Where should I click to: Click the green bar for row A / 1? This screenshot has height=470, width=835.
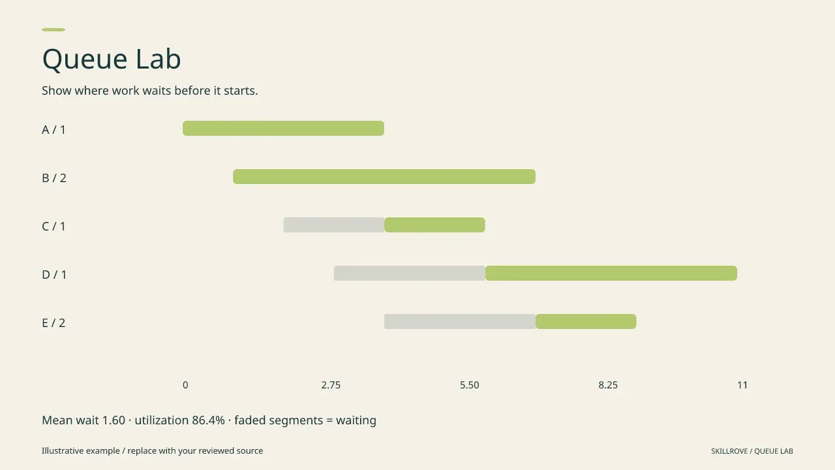click(283, 129)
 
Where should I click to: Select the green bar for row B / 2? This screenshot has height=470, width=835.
click(384, 176)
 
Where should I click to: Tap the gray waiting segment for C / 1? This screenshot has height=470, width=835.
click(334, 225)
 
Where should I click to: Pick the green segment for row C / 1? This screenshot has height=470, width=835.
click(434, 225)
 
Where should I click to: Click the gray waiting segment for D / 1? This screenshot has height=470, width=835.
click(410, 273)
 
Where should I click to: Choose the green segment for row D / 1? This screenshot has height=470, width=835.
click(611, 273)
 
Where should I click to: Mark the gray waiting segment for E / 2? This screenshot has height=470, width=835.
click(460, 322)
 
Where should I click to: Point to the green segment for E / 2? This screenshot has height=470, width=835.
click(586, 322)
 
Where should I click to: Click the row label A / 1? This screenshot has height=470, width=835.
click(53, 130)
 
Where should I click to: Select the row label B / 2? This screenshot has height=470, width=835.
click(54, 178)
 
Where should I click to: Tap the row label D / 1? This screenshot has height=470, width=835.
click(54, 275)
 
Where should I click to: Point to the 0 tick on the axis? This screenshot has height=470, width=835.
click(185, 385)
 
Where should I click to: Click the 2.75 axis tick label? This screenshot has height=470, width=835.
click(331, 385)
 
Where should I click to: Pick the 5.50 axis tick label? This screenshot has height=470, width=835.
click(469, 385)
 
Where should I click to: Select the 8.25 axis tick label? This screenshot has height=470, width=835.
click(608, 385)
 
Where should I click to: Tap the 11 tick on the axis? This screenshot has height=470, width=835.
click(742, 385)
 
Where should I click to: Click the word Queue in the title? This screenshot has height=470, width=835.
click(85, 59)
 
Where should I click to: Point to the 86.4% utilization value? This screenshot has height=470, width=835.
click(208, 420)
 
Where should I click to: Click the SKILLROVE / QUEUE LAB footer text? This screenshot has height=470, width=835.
click(752, 451)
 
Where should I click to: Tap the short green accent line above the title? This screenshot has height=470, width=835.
click(53, 29)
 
